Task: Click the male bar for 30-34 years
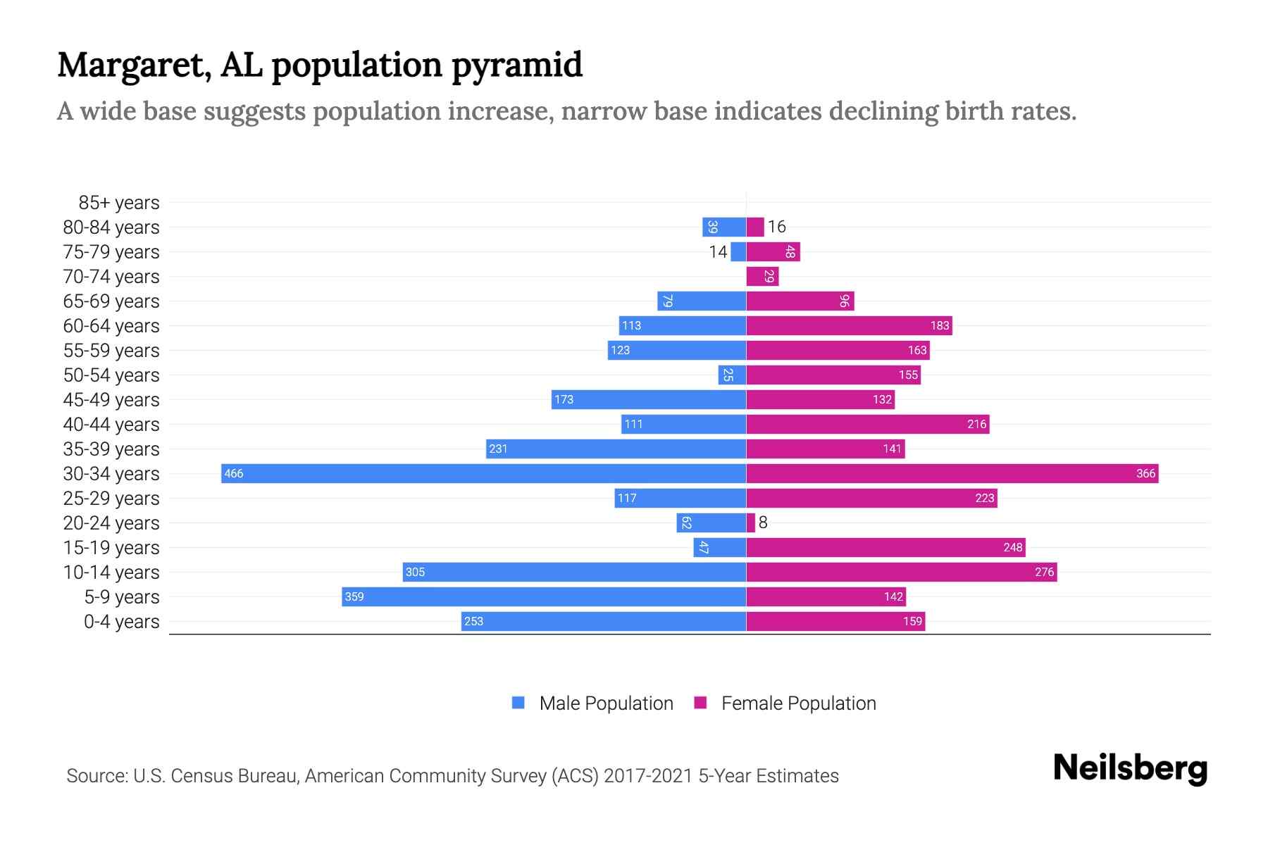483,473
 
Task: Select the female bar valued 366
952,473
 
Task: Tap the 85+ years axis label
119,203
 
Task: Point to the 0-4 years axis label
121,622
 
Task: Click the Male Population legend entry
592,703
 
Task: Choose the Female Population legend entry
785,703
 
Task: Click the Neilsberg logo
1130,768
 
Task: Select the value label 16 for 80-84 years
776,227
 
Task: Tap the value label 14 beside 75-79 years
718,252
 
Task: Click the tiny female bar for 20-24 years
751,522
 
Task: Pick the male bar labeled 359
544,596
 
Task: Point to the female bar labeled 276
902,572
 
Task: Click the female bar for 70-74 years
762,277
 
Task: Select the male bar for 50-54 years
732,375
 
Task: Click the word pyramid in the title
516,65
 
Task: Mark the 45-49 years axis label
111,400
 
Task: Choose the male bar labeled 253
604,621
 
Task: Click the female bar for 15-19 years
885,547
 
